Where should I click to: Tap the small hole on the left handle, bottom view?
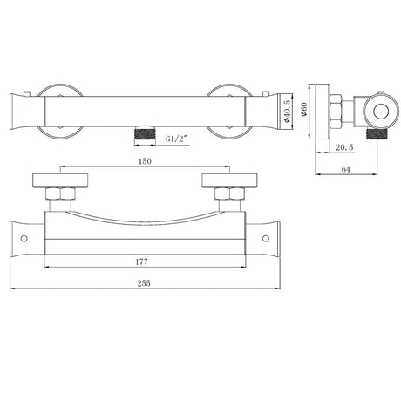[x=22, y=236]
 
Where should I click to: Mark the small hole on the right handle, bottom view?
[x=265, y=236]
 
